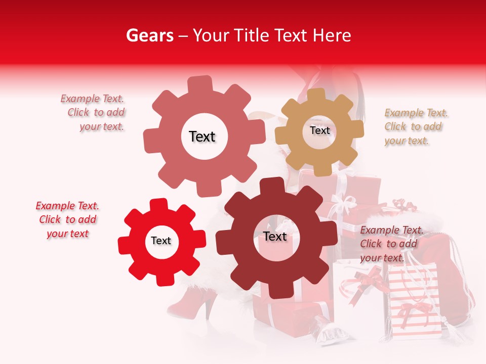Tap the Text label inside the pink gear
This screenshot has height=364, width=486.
[x=202, y=136]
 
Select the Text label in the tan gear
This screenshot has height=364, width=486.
[x=319, y=130]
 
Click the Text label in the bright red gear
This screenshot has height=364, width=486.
[x=161, y=241]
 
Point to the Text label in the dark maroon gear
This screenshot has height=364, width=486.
[x=275, y=236]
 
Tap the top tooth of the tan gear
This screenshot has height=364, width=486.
[x=316, y=95]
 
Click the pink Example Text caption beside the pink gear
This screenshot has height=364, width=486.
[x=94, y=113]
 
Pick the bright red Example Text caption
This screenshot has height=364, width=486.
[x=67, y=220]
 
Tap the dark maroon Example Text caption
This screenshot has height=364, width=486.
[x=390, y=244]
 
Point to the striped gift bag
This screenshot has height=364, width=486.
[x=413, y=303]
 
